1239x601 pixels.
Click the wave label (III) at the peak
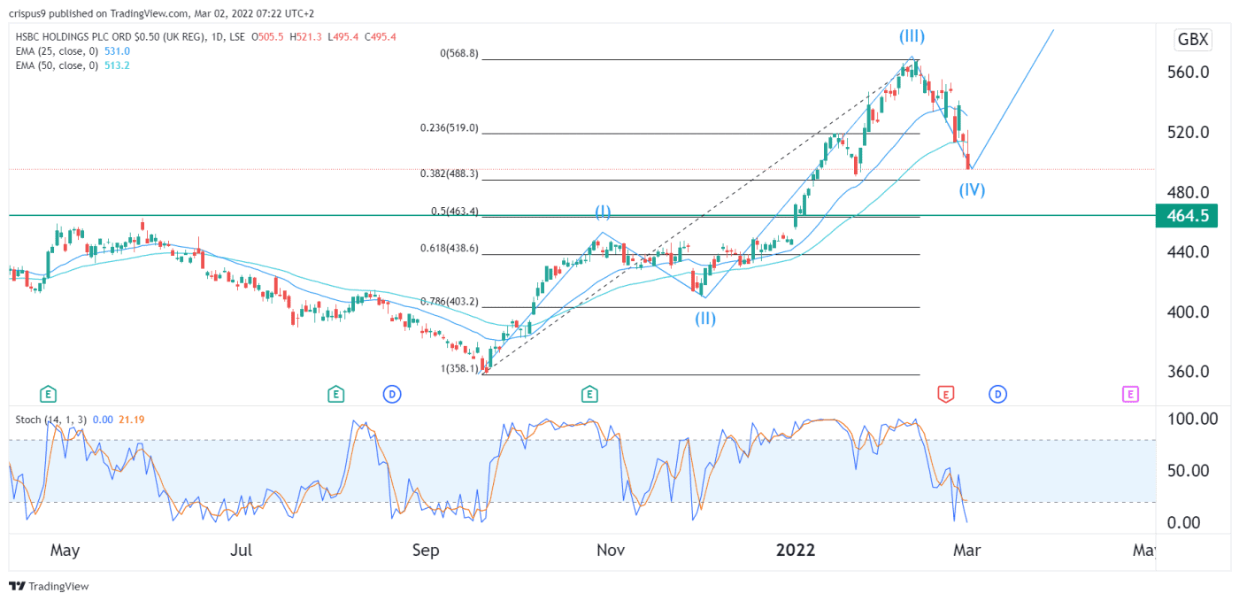tap(912, 36)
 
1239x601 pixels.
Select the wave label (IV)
tap(971, 189)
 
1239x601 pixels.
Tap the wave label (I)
tap(602, 212)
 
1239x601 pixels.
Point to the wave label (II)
tap(704, 319)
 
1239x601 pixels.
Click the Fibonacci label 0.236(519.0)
tap(449, 127)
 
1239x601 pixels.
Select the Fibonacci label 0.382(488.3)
tap(449, 174)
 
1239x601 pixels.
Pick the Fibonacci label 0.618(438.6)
tap(449, 250)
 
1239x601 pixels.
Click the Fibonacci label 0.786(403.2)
tap(449, 302)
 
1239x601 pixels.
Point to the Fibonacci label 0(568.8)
tap(459, 53)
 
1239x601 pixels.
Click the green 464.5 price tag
tap(1187, 215)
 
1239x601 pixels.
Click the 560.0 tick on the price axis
tap(1186, 72)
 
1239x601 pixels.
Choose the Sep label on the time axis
tap(426, 551)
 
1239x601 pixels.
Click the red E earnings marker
tap(945, 394)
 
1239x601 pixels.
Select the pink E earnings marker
tap(1130, 394)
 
